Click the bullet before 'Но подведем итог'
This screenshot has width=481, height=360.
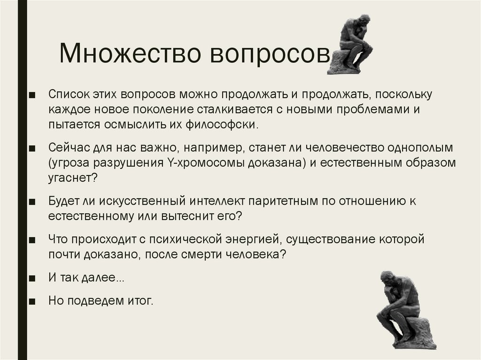(31, 300)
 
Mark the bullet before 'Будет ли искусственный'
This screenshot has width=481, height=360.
(31, 201)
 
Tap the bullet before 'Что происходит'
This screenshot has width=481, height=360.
(31, 239)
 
